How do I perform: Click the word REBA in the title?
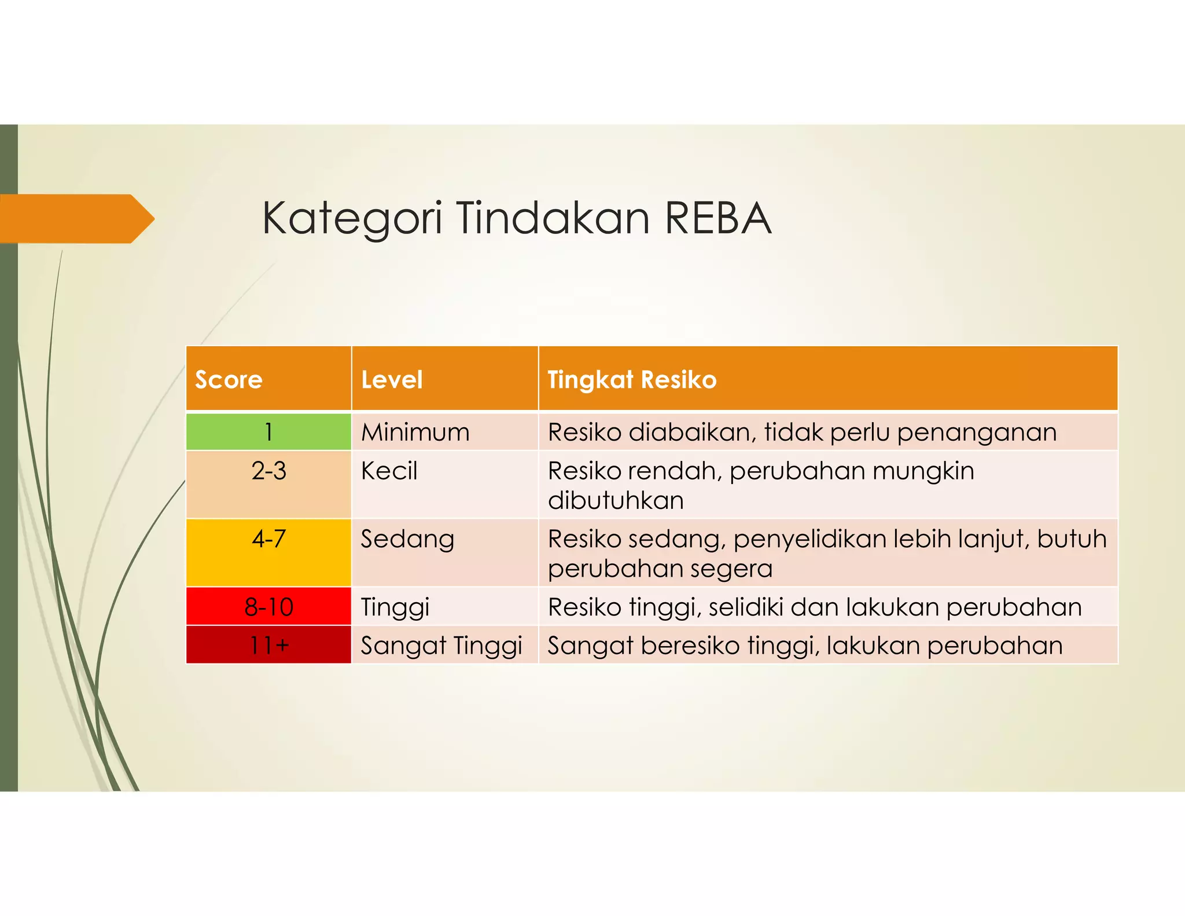(717, 218)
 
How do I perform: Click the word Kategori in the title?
(352, 218)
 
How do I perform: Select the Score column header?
(229, 380)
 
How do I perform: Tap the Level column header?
(392, 380)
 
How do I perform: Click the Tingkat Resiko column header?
(632, 380)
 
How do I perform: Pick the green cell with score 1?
(268, 432)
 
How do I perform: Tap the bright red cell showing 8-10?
(268, 607)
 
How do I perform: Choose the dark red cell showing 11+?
(268, 645)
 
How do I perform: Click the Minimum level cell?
(415, 432)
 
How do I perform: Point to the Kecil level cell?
(389, 471)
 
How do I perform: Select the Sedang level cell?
(407, 539)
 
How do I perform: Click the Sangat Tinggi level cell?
(441, 645)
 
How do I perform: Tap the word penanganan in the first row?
(977, 432)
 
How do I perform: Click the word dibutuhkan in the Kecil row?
(616, 500)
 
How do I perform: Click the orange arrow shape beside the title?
(75, 218)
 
